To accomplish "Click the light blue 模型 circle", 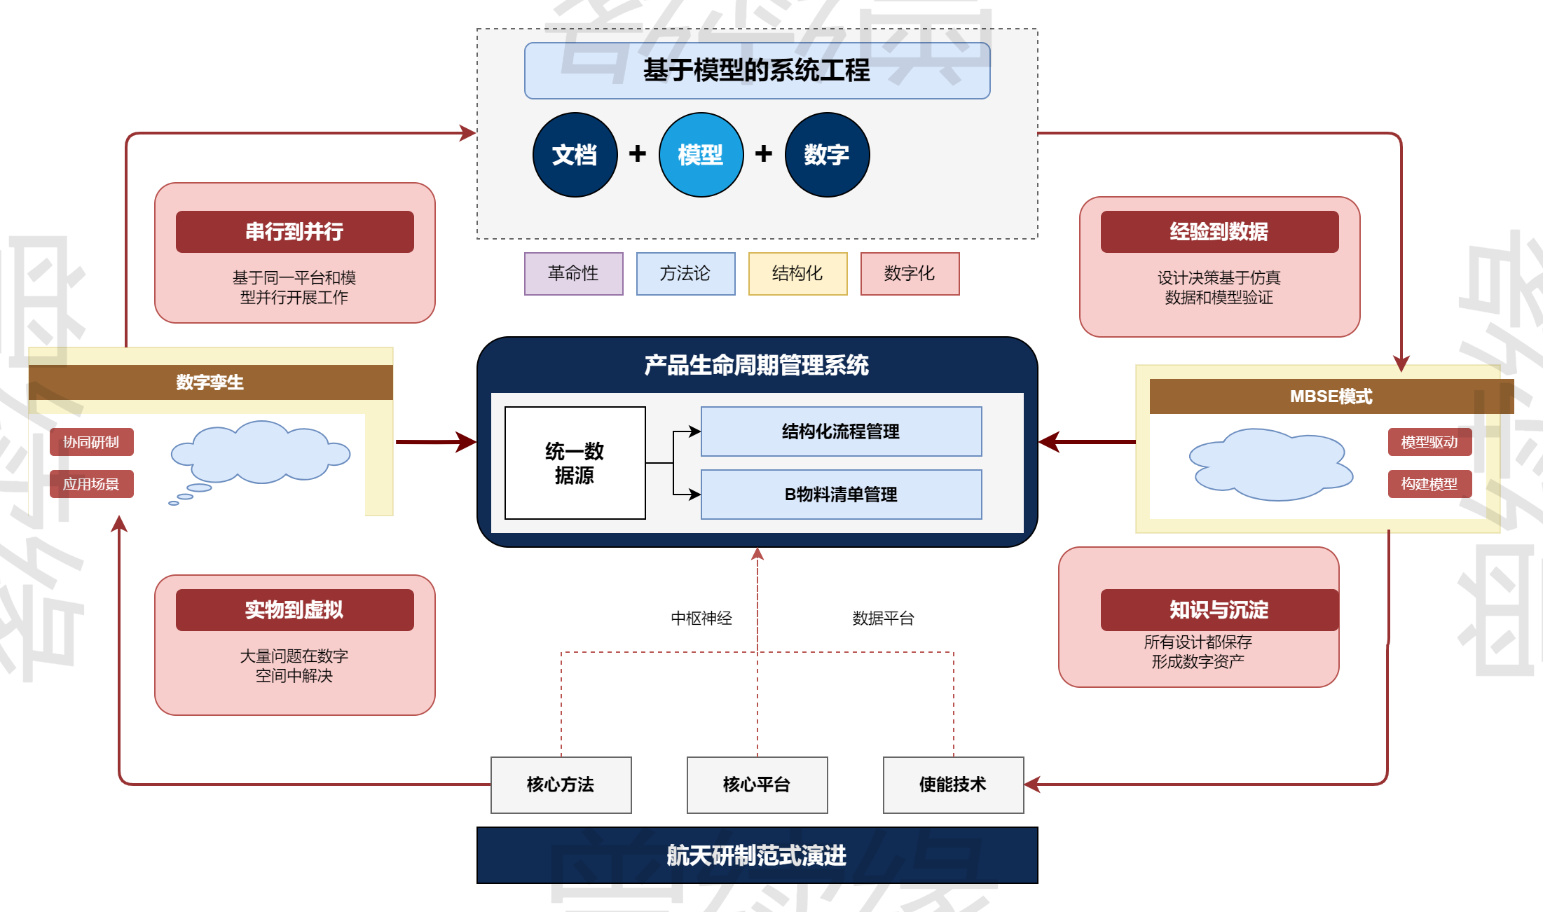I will [x=701, y=155].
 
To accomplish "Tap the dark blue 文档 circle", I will [x=575, y=155].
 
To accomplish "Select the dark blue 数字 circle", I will [x=827, y=155].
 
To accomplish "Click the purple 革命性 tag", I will [x=573, y=274].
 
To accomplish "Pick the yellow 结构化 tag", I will [x=797, y=274].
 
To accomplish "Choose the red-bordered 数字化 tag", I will [x=910, y=274].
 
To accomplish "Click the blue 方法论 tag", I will [x=685, y=274].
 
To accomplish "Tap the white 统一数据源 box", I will [x=575, y=463].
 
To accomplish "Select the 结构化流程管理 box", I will [x=841, y=431].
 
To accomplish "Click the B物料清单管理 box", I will [x=841, y=495].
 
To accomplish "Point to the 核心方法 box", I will [x=561, y=785].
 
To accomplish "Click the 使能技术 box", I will [x=953, y=785].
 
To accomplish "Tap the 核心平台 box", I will [x=757, y=785].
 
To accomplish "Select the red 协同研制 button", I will [x=91, y=442].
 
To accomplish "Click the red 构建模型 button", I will [x=1429, y=484].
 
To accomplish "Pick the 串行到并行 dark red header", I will [x=294, y=232].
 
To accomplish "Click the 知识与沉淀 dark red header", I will [x=1219, y=610].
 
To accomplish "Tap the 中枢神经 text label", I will [x=701, y=619].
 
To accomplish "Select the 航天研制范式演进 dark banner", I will [x=757, y=855].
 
